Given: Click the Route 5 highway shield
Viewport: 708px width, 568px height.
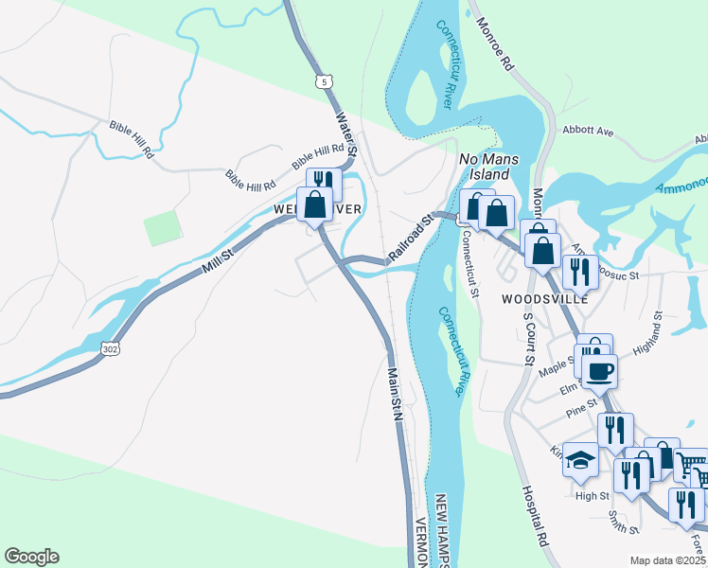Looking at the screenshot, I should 327,82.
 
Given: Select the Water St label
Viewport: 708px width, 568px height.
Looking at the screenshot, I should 347,134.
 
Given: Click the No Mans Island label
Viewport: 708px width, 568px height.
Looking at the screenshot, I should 484,168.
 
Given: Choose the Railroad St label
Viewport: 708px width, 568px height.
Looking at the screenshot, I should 410,239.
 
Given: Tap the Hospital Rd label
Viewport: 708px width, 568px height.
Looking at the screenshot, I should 536,516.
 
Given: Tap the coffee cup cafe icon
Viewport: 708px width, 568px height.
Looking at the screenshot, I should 599,369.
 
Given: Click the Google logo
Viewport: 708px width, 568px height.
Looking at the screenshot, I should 31,557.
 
